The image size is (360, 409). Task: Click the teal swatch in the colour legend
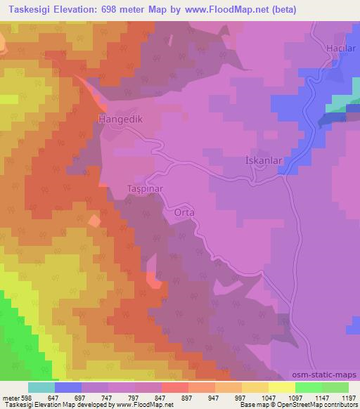coord(41,387)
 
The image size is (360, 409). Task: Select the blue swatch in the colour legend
coord(67,387)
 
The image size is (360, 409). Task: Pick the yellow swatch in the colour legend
coord(281,387)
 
